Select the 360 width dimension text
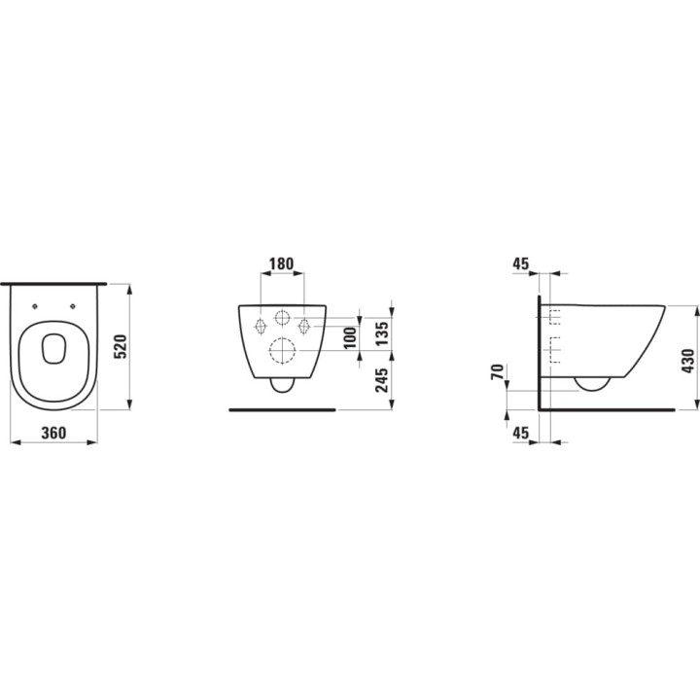(x=53, y=435)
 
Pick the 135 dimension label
(x=381, y=332)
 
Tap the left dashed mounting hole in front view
(x=260, y=325)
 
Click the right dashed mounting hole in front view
(x=304, y=325)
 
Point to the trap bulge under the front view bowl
(x=282, y=384)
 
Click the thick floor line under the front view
(x=282, y=410)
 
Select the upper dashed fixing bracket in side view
(x=556, y=316)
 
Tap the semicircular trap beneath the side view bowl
(x=592, y=382)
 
